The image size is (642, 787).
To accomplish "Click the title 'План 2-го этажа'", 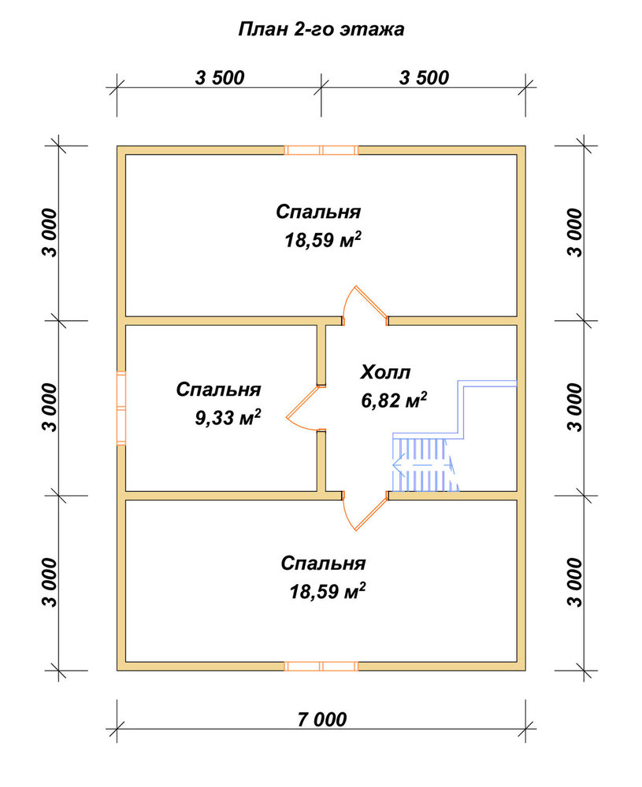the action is [x=321, y=29].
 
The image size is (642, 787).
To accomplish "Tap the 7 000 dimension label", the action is [x=322, y=720].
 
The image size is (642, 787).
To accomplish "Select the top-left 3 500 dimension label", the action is [x=220, y=78].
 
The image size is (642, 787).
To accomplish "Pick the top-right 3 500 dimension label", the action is [x=424, y=78].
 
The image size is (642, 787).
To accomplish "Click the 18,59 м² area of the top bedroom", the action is [x=323, y=240].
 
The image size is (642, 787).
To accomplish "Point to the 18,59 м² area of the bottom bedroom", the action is [x=327, y=591].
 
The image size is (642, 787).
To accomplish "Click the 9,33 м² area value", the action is [x=228, y=417].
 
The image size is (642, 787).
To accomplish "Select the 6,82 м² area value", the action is [x=394, y=400].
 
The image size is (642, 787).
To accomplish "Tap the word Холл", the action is [x=385, y=372].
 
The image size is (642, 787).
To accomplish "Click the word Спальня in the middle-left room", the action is [x=218, y=390].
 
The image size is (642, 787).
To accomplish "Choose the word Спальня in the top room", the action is [x=318, y=212].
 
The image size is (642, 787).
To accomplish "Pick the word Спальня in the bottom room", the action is [x=323, y=563].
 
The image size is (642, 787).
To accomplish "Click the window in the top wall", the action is [x=321, y=150].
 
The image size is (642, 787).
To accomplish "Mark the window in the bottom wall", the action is [x=321, y=667].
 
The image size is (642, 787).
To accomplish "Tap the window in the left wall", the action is [x=121, y=408].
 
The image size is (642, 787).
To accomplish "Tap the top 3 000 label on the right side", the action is [x=577, y=233].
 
